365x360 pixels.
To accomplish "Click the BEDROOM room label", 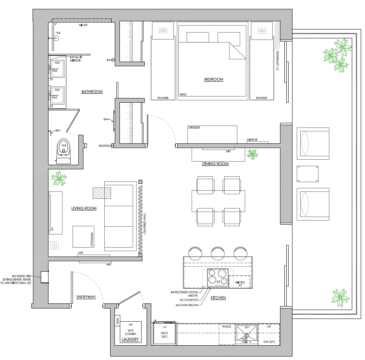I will pos(214,79).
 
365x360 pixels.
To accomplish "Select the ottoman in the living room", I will pos(83,236).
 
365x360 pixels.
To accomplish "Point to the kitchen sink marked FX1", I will pos(247,333).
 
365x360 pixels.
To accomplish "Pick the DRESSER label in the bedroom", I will pos(194,127).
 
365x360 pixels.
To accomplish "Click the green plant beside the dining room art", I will pos(253,154).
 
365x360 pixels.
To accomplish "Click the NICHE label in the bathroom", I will pos(83,25).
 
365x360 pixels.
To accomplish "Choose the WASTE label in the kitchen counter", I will pos(227,326).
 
